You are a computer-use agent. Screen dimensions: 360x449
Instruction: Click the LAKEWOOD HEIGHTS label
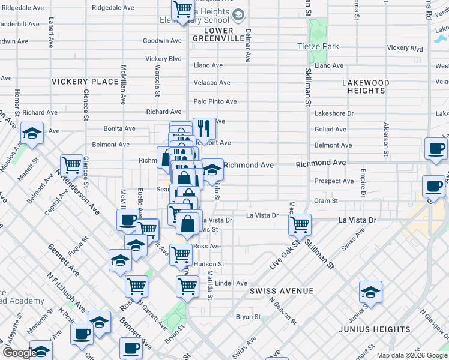pyautogui.click(x=366, y=86)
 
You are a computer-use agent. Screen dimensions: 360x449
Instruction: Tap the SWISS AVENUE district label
pyautogui.click(x=282, y=291)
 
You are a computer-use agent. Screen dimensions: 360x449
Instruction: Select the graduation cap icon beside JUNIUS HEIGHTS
pyautogui.click(x=371, y=292)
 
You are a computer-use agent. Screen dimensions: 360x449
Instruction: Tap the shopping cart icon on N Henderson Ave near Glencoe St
pyautogui.click(x=71, y=164)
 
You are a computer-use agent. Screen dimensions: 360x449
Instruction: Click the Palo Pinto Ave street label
pyautogui.click(x=214, y=101)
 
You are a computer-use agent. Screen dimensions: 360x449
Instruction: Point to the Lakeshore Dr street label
pyautogui.click(x=335, y=112)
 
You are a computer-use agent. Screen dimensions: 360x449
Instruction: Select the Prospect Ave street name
pyautogui.click(x=334, y=181)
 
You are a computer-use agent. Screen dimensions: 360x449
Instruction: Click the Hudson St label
pyautogui.click(x=209, y=264)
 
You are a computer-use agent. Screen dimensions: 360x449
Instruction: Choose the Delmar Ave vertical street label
pyautogui.click(x=248, y=46)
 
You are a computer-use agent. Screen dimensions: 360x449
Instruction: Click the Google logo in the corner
pyautogui.click(x=19, y=353)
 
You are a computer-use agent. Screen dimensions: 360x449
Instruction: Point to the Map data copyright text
pyautogui.click(x=412, y=355)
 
